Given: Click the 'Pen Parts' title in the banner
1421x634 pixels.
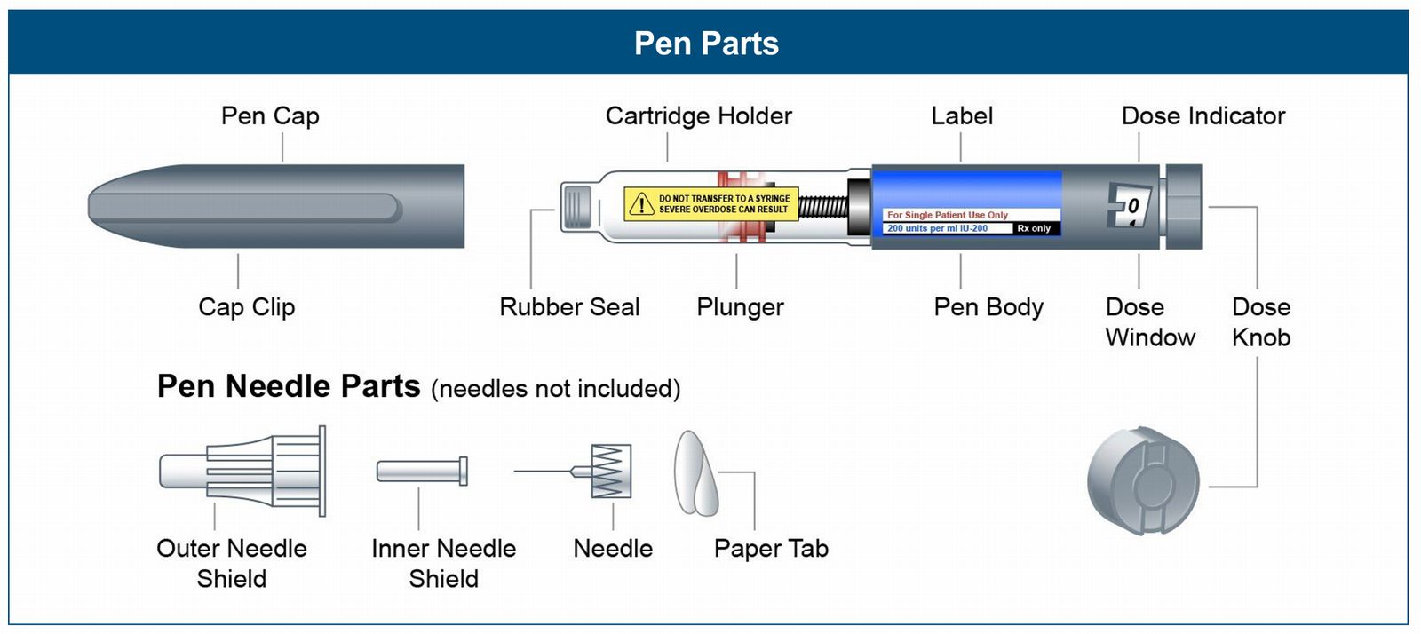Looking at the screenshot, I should (706, 44).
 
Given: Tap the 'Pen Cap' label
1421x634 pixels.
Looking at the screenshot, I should (270, 116).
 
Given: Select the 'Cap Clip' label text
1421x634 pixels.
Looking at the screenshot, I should (246, 307).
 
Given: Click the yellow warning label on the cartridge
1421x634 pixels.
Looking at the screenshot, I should (710, 203).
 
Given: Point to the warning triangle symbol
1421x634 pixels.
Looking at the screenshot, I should (640, 204).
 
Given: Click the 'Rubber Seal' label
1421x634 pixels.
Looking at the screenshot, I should (569, 307).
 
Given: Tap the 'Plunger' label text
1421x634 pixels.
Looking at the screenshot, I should (740, 307).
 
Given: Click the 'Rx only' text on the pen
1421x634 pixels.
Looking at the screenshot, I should (1034, 228).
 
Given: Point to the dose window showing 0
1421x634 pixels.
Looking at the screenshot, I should (1130, 206).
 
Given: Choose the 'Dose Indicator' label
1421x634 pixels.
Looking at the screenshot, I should (1203, 116).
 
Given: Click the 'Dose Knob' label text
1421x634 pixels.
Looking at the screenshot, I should (1261, 321).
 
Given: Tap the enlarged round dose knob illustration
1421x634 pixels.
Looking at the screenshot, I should (1143, 479).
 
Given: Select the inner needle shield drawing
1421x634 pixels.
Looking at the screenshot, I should (421, 471).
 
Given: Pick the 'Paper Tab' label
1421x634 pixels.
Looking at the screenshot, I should (771, 549).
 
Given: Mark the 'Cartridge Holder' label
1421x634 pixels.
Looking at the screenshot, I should (698, 116).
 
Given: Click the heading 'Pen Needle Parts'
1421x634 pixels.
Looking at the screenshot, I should (289, 386).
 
